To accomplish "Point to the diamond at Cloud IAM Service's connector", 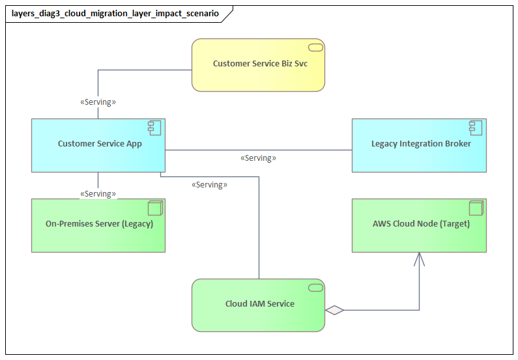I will tap(334, 311).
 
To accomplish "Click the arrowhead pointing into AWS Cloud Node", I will tap(418, 259).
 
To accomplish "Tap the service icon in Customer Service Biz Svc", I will tap(316, 48).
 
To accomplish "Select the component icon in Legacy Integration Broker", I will tap(476, 128).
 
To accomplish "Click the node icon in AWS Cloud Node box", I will tap(476, 208).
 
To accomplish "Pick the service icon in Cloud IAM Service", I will tap(316, 288).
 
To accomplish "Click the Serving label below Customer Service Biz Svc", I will tap(98, 102).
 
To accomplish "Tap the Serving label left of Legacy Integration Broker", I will tap(258, 158).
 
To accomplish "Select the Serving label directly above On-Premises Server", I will tap(98, 194).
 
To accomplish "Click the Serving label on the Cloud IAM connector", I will tap(209, 185).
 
